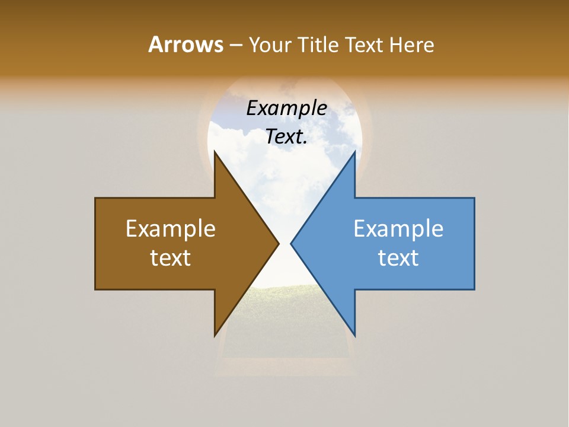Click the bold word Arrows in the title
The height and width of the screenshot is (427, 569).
[x=185, y=44]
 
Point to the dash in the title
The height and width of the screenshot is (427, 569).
[x=235, y=45]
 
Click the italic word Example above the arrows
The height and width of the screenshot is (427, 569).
[x=286, y=109]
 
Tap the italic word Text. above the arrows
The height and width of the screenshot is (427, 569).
[x=286, y=137]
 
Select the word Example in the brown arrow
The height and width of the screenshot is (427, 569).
[x=170, y=228]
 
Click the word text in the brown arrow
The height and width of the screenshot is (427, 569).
[x=170, y=257]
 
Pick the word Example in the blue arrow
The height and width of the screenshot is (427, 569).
[x=398, y=228]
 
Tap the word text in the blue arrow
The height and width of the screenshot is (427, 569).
[x=398, y=257]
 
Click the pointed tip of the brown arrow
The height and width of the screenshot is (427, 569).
[x=279, y=243]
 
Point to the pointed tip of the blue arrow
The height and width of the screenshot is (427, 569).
[x=291, y=243]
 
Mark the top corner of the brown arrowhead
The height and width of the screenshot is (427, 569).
[x=215, y=152]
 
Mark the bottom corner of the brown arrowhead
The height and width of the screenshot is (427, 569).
[x=215, y=336]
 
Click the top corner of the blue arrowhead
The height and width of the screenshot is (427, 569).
[x=354, y=152]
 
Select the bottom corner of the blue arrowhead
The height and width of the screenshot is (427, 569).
[x=354, y=336]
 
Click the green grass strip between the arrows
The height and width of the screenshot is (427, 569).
[x=284, y=302]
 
